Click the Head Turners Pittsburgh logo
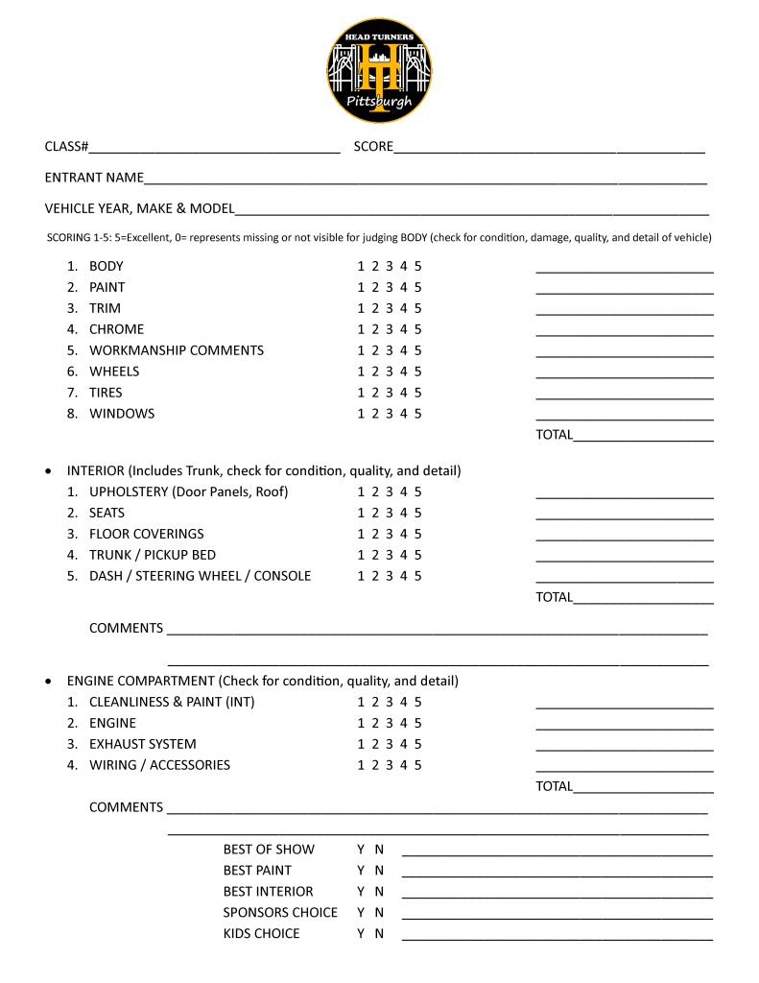coord(379,71)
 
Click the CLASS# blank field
coord(215,147)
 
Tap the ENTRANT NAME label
coord(94,178)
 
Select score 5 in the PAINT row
coord(418,287)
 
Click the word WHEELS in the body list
coord(114,372)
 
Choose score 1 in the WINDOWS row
coord(361,414)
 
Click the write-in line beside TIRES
coord(624,393)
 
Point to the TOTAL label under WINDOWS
coord(554,435)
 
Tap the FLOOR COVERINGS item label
coord(146,534)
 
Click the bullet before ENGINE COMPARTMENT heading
coord(49,682)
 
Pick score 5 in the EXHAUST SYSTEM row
coord(418,744)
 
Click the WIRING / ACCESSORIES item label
coord(159,765)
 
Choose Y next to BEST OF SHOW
coord(361,850)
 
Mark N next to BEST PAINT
coord(379,871)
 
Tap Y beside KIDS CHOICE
coord(361,933)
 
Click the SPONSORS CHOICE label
coord(280,912)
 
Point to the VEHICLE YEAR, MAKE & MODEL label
coord(139,208)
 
